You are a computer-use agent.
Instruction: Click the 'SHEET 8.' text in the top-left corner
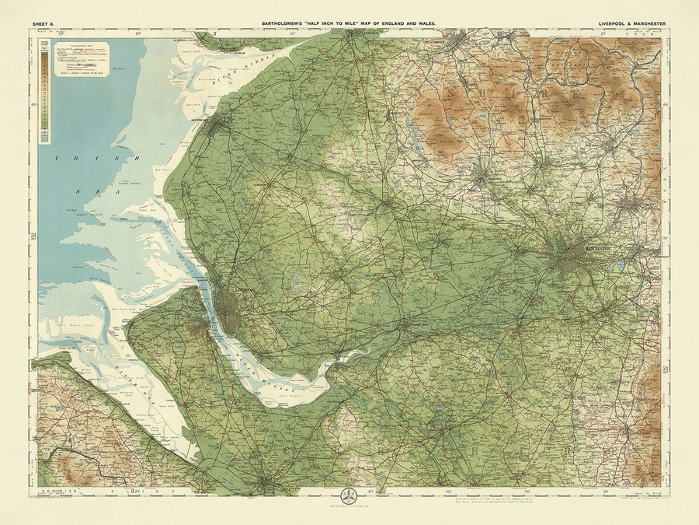pos(43,24)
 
